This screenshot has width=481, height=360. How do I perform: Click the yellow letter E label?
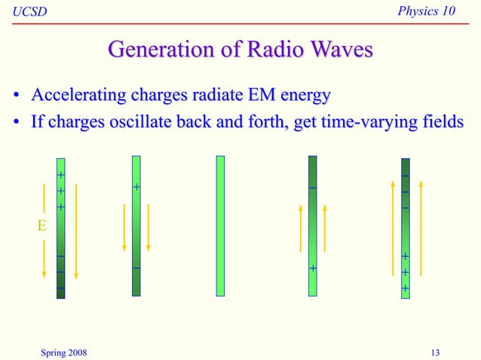tap(43, 224)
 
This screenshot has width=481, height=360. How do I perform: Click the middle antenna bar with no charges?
tap(220, 225)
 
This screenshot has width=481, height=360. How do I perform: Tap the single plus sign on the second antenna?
tap(136, 186)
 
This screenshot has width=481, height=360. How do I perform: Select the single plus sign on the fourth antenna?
tap(312, 268)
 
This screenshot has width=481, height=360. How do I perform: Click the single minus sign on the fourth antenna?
tap(312, 188)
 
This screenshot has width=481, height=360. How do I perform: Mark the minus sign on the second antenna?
tap(136, 268)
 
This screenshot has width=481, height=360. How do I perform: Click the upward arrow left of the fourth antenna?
tap(300, 230)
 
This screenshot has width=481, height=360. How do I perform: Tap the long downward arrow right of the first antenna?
tap(76, 230)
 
